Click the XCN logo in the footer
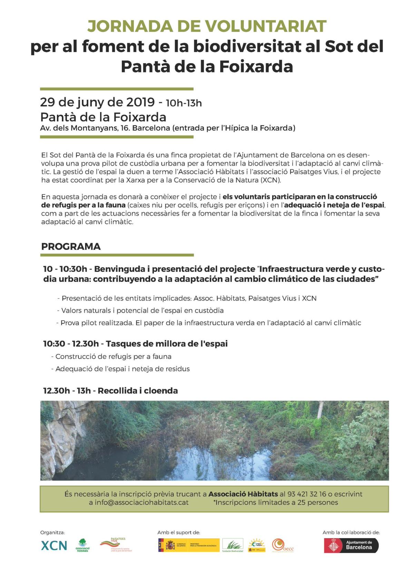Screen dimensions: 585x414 54,545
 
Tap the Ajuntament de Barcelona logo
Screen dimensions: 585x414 351,545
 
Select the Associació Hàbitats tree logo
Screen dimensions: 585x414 82,545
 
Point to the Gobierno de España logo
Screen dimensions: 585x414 188,545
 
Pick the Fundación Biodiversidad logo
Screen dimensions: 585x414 233,545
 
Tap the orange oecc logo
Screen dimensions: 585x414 282,545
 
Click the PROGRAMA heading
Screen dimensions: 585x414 71,247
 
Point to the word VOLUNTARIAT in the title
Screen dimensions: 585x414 266,27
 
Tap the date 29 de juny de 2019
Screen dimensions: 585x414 97,102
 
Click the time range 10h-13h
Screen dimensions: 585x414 184,103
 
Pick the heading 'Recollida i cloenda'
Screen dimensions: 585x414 138,391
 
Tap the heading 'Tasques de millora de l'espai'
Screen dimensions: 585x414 167,344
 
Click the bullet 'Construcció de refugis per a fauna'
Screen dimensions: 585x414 113,357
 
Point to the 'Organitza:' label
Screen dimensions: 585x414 52,533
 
